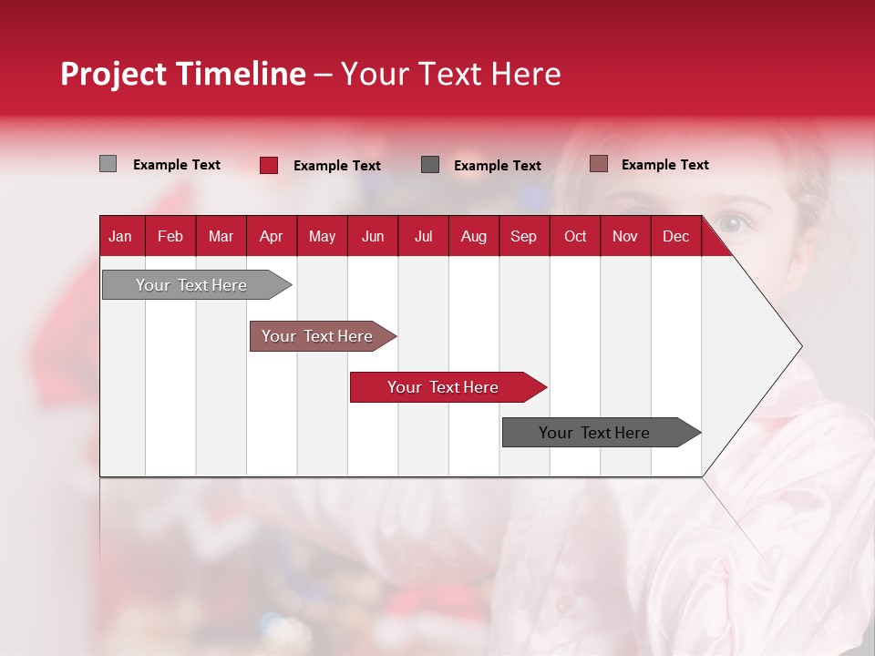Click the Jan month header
coord(120,237)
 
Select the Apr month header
coord(271,237)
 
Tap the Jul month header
coord(423,237)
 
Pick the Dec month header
coord(675,237)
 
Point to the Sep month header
coord(523,237)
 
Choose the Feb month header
coord(170,237)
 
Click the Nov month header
coord(624,237)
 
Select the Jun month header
coord(372,237)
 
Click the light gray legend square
coord(108,164)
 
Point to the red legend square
coord(268,165)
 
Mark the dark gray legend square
coord(430,165)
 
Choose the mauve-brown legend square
coord(598,164)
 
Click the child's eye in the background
coord(731,222)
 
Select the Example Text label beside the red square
coord(337,166)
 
